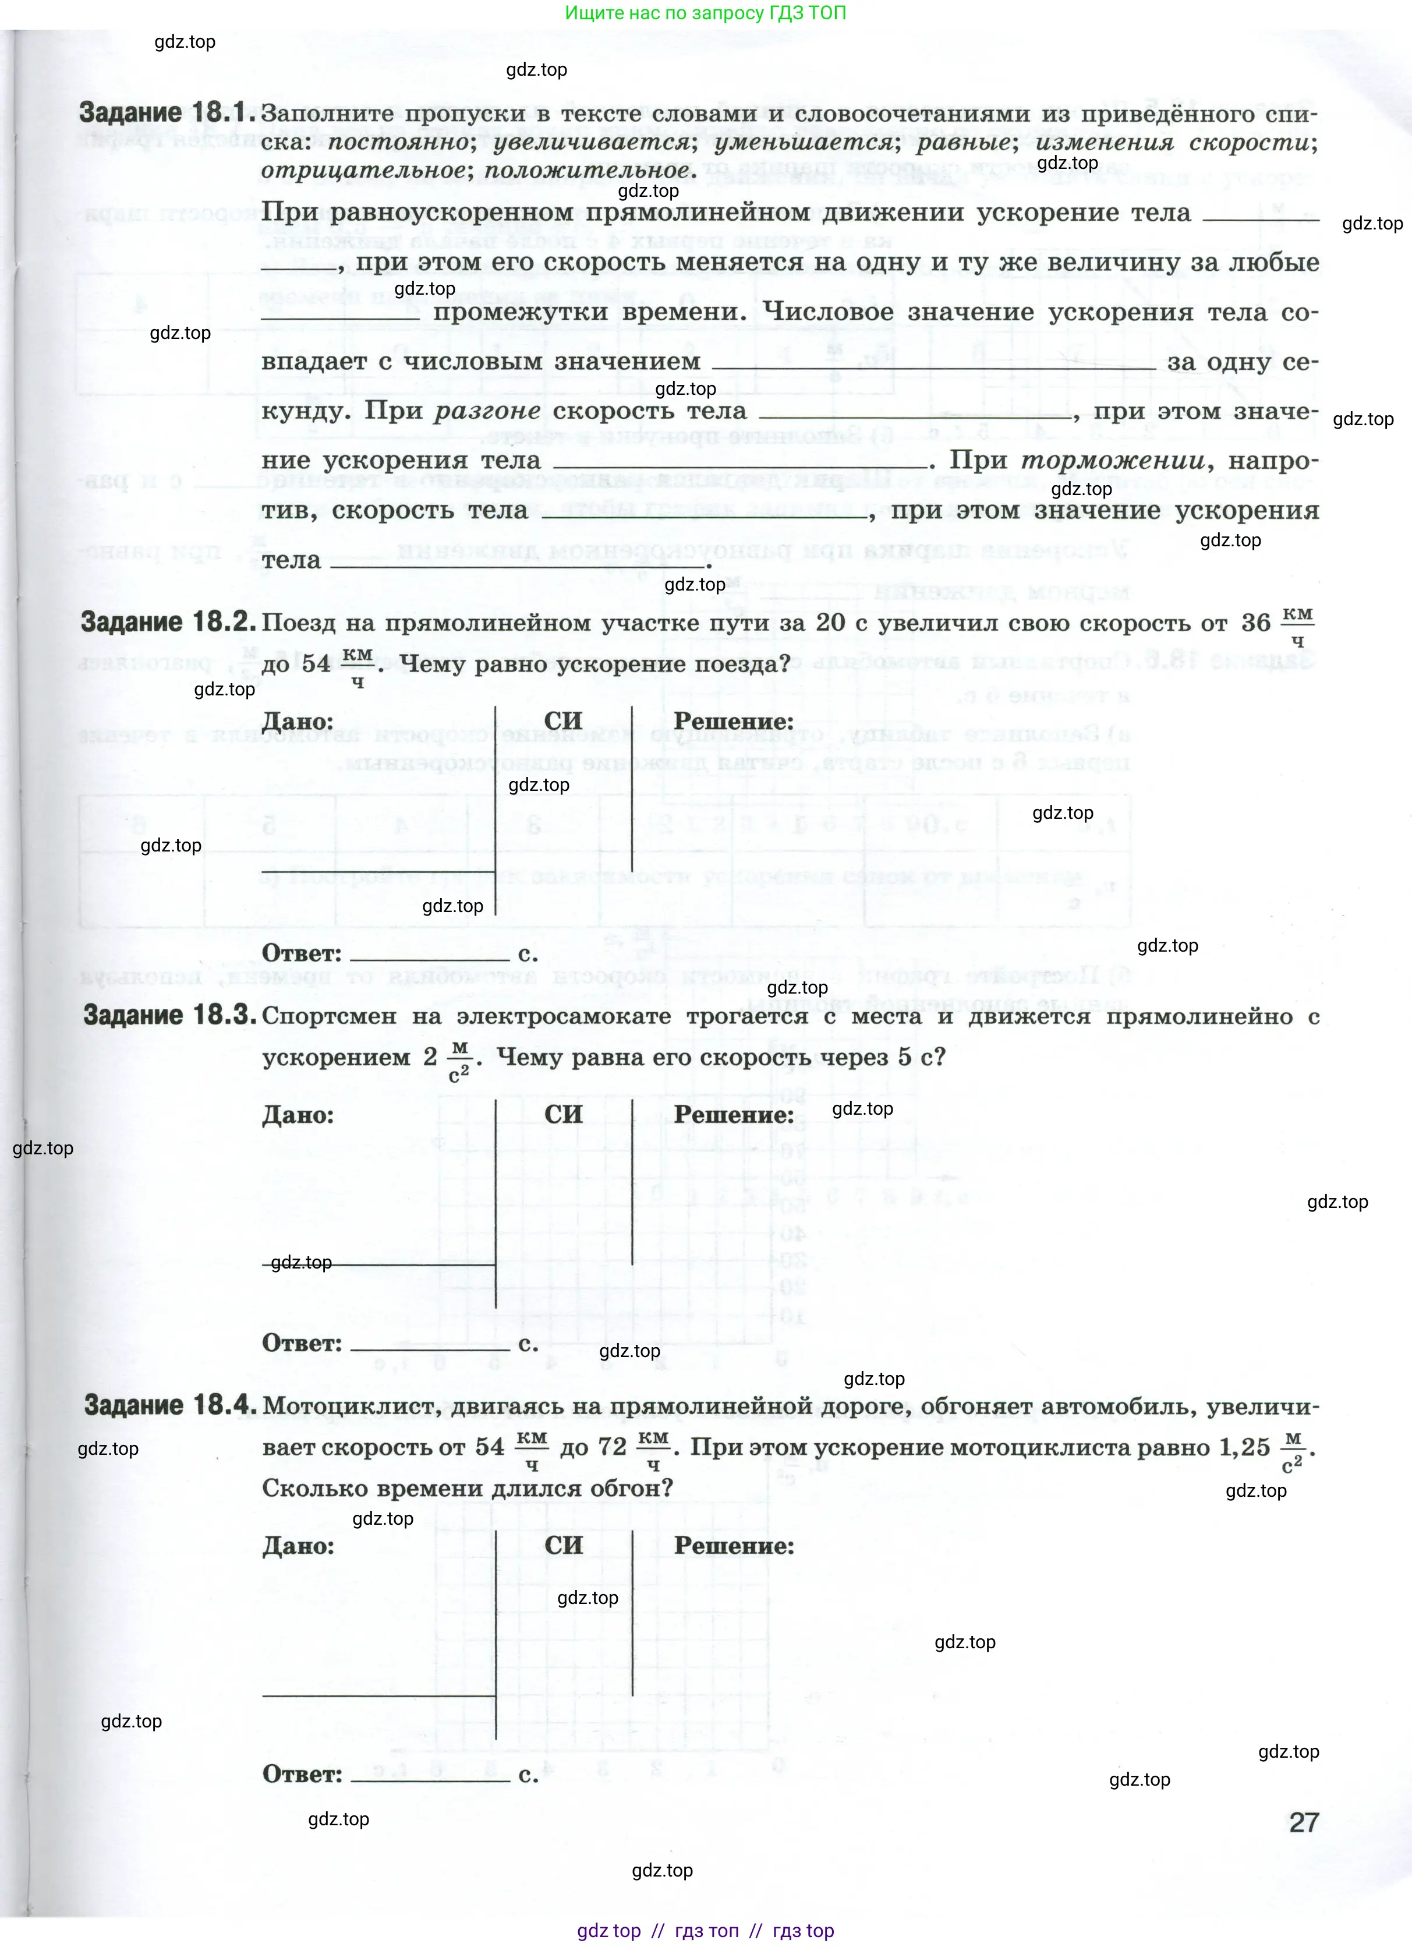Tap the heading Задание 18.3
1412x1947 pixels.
[x=170, y=1016]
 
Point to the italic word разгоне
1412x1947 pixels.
[x=487, y=411]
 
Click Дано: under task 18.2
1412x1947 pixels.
[x=298, y=721]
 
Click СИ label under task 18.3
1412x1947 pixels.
[x=563, y=1114]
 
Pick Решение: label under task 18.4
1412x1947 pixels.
[x=734, y=1546]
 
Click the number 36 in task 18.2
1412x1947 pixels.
[x=1256, y=623]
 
